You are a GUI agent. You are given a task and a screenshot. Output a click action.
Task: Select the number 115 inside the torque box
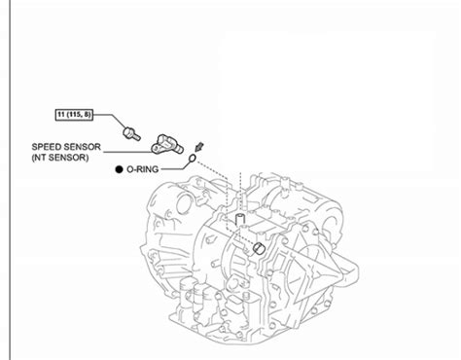tap(76, 115)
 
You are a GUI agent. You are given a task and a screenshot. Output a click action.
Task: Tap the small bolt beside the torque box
tap(131, 133)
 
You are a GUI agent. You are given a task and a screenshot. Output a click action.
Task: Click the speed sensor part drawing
tap(167, 145)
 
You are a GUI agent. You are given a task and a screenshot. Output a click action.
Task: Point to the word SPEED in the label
tap(46, 147)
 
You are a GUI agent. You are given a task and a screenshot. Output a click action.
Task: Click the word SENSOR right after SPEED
tap(82, 147)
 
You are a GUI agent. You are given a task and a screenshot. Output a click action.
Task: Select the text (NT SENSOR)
tap(60, 158)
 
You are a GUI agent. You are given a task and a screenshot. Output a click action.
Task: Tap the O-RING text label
tap(143, 169)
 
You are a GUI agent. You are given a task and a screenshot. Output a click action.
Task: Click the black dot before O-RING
tap(120, 169)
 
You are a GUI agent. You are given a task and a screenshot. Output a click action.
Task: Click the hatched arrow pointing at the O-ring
tap(199, 147)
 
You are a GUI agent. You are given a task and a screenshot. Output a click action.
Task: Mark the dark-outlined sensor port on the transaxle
tap(259, 248)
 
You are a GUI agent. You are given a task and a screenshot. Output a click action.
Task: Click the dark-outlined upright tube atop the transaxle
tap(239, 220)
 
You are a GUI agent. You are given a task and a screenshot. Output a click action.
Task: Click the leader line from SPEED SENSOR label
tap(128, 152)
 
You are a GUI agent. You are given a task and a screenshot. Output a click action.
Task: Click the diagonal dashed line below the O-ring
tap(212, 169)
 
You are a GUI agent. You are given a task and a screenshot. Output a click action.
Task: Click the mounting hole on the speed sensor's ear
tap(157, 149)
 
